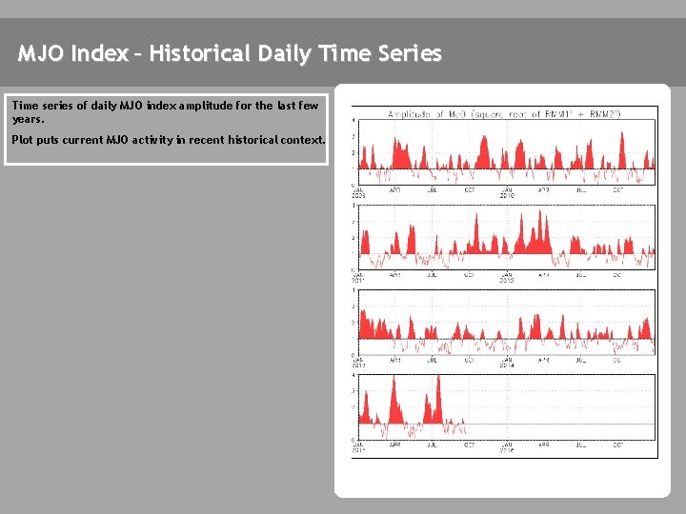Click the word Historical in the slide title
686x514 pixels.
201,54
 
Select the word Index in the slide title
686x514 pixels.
99,54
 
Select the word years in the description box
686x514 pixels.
28,120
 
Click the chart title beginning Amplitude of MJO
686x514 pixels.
504,113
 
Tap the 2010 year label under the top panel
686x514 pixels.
507,195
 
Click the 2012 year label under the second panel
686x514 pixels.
507,281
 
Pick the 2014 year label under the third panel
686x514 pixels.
507,365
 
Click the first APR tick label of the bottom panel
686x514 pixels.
394,444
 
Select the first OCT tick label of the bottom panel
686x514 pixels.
469,444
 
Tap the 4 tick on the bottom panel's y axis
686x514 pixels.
354,375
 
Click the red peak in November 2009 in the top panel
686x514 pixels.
487,138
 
